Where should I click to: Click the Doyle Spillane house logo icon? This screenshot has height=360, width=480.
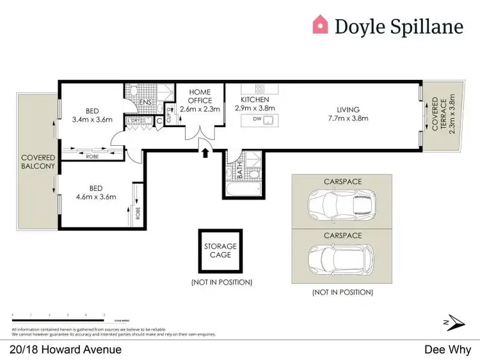tap(320, 25)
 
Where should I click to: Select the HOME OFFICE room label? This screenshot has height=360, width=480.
tap(200, 100)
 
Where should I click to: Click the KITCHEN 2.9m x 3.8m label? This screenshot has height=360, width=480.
tap(255, 104)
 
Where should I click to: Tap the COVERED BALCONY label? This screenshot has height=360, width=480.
tap(38, 162)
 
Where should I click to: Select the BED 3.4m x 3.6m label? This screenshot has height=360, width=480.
tap(92, 114)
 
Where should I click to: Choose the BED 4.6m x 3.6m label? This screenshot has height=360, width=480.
tap(95, 192)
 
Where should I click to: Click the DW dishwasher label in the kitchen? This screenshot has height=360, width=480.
tap(257, 119)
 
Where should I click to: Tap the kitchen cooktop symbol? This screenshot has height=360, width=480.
tap(260, 89)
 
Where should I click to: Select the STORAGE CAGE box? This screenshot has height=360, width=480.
tap(220, 251)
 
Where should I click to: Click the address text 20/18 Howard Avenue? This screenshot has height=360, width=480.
tap(66, 349)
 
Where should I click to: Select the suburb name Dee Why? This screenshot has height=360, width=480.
tap(447, 349)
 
